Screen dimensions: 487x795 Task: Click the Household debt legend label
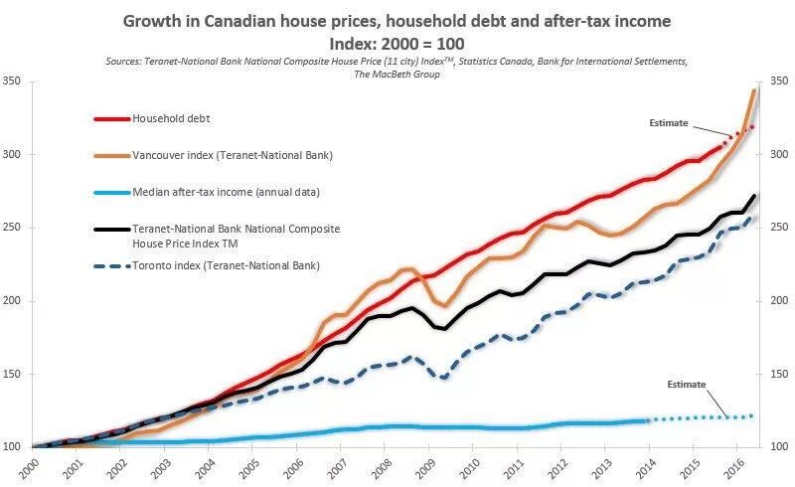(x=171, y=118)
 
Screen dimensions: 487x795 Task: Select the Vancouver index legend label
(x=232, y=155)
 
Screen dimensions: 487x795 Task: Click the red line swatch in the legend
(x=111, y=118)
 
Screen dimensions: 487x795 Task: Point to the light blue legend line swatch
(x=111, y=192)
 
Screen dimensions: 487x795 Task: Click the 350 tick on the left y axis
(x=13, y=81)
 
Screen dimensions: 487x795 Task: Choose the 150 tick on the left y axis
(x=13, y=375)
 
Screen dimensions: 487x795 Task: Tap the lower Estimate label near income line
(x=686, y=384)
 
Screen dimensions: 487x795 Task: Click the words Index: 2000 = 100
(x=397, y=44)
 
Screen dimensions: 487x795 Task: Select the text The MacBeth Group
(x=397, y=75)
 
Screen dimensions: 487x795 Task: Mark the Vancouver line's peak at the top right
(x=754, y=90)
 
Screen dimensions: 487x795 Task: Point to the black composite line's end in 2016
(x=753, y=196)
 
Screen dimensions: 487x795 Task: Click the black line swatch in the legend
(x=111, y=229)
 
